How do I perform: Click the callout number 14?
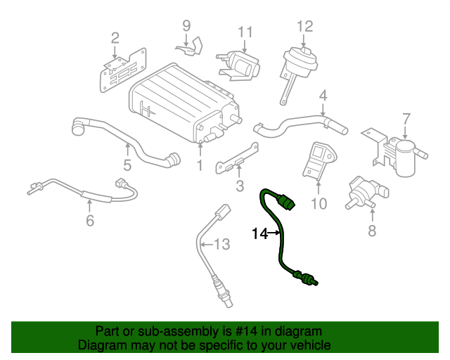tap(259, 233)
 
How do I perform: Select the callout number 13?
tap(221, 244)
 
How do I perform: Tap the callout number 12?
tap(304, 27)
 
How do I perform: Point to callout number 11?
tap(244, 32)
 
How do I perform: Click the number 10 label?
tap(319, 204)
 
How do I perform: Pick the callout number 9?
tap(186, 26)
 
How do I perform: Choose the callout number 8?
tap(372, 230)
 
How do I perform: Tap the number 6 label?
tap(89, 221)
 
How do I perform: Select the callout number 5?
tap(127, 166)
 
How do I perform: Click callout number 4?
tap(323, 96)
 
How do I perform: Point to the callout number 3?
tap(239, 186)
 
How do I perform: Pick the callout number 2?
tap(115, 37)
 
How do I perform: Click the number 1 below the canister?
tap(199, 166)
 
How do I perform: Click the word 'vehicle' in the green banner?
tap(307, 345)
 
